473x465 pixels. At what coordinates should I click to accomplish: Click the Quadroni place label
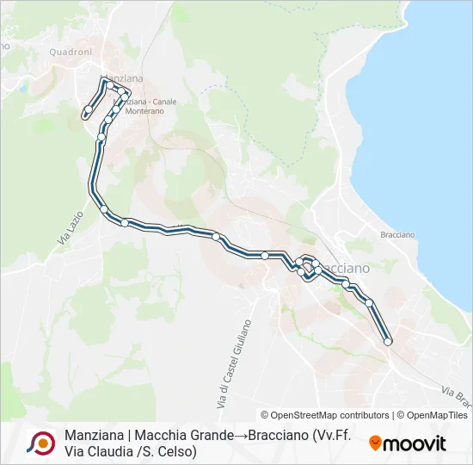click(x=71, y=52)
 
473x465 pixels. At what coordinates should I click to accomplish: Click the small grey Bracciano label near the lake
click(x=397, y=234)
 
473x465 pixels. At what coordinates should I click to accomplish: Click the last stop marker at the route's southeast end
click(x=388, y=342)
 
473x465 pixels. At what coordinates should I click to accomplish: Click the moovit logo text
click(x=415, y=443)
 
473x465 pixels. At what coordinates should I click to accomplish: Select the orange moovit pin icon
click(x=375, y=443)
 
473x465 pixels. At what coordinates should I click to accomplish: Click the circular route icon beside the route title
click(x=40, y=443)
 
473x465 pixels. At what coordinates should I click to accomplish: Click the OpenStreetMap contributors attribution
click(x=326, y=415)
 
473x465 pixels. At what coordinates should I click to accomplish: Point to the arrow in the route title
click(x=238, y=436)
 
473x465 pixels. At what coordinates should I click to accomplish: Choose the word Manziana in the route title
click(x=93, y=436)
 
